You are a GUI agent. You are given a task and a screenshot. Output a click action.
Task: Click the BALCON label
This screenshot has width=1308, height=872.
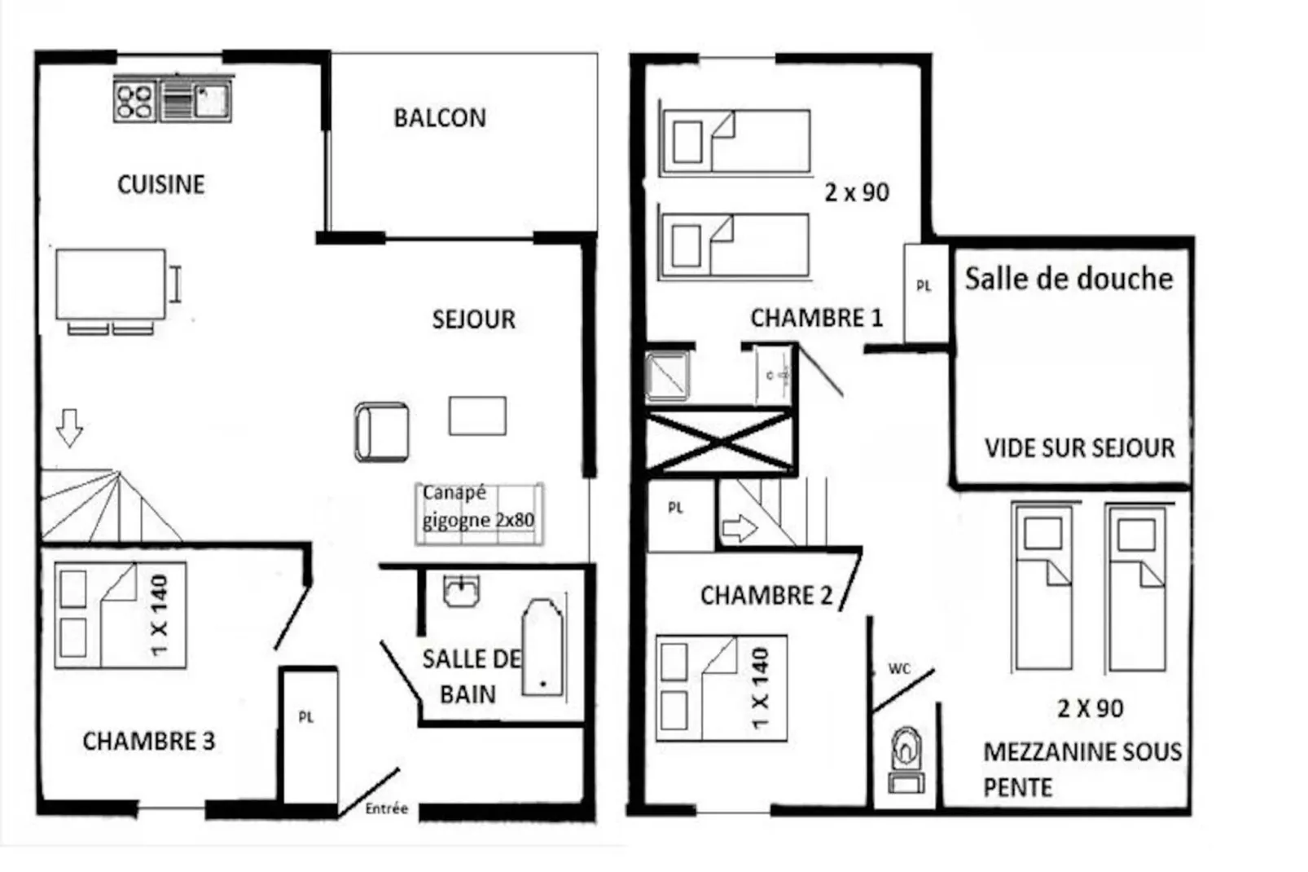click(440, 118)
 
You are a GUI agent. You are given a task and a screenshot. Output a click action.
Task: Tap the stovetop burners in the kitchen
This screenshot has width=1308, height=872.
click(135, 101)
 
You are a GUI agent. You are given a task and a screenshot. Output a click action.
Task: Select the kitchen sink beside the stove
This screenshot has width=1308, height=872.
click(211, 101)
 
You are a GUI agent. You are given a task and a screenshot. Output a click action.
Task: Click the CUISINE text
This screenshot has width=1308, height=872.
click(161, 184)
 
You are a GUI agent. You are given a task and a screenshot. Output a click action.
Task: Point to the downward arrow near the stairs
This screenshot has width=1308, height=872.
click(69, 427)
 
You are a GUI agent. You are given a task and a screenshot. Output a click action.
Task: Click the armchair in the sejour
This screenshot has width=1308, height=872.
click(382, 432)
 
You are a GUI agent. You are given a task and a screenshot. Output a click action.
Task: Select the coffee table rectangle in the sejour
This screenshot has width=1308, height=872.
click(477, 416)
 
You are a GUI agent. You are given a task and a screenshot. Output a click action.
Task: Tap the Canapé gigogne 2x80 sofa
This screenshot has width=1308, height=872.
click(479, 513)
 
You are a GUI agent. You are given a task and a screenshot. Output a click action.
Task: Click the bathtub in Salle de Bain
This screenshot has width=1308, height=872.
click(542, 648)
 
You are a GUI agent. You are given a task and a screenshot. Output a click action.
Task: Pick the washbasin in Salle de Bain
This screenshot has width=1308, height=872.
click(461, 591)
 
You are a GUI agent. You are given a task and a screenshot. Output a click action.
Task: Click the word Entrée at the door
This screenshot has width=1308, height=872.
click(386, 808)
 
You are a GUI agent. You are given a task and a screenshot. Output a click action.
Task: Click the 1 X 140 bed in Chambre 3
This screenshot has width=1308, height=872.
click(121, 615)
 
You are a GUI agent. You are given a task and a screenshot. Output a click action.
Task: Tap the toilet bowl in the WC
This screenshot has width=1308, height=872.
click(906, 748)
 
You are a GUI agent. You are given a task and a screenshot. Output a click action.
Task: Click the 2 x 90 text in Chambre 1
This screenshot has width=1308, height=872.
click(857, 193)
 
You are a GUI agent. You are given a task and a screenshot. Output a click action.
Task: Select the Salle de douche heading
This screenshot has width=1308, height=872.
click(1069, 279)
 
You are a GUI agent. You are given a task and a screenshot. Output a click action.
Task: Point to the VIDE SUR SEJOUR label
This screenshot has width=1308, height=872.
click(1079, 448)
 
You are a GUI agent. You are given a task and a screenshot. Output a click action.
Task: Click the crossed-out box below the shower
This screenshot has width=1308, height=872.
click(720, 443)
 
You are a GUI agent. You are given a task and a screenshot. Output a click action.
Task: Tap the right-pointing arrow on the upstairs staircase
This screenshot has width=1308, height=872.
click(740, 529)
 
